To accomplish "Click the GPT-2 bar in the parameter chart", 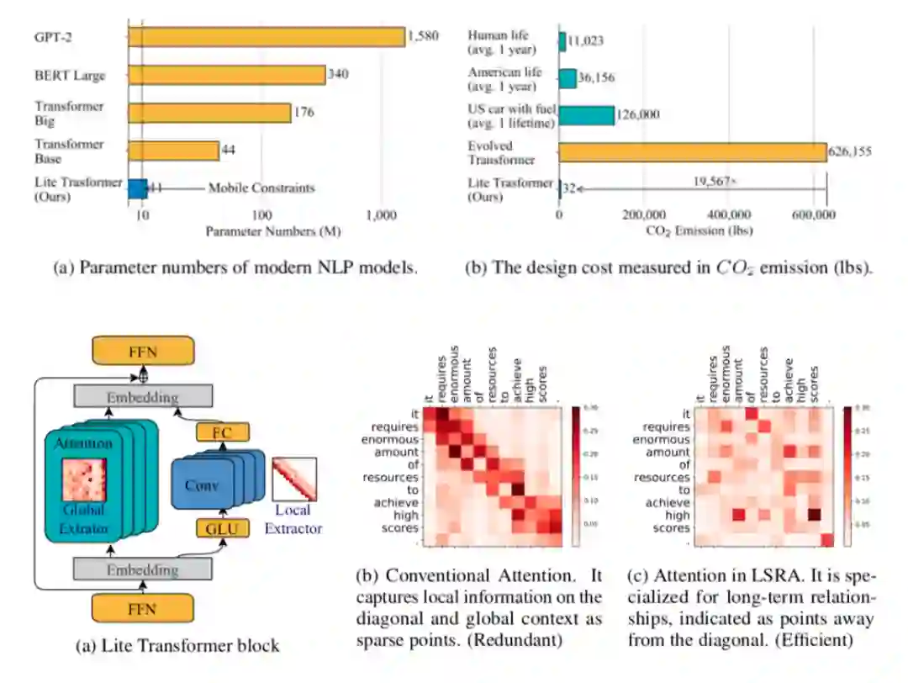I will [x=266, y=36].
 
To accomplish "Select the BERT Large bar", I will [x=226, y=75].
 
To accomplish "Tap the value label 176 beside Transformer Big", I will [x=304, y=112].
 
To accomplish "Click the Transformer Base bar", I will [x=173, y=151].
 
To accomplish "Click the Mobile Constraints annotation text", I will [x=261, y=188].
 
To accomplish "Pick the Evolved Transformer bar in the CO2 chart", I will [x=692, y=151].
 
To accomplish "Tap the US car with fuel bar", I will [x=587, y=114].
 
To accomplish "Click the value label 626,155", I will [x=849, y=152].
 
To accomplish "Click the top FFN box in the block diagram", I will [x=144, y=349].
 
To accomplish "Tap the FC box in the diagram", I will [x=223, y=432].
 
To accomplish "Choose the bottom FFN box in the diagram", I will [x=144, y=608].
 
